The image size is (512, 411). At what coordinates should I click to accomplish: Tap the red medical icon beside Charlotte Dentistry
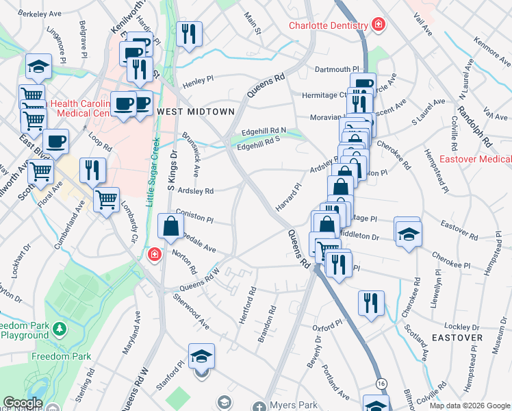point(377,26)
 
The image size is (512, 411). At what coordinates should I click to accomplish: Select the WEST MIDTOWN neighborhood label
point(196,111)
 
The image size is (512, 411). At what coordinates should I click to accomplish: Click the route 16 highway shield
point(380,381)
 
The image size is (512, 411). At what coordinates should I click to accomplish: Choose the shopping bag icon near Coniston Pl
point(170,225)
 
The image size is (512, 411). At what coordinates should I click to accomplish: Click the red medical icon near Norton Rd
point(155,255)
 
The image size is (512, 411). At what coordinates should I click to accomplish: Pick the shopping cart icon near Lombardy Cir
point(106,199)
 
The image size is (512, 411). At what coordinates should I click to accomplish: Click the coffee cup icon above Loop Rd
point(55,141)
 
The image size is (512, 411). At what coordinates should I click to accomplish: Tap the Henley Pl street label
point(198,79)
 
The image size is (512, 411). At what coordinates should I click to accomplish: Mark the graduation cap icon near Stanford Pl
point(201,356)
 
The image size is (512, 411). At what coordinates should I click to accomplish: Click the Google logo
point(23,403)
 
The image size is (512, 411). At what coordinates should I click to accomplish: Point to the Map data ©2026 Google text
point(469,406)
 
